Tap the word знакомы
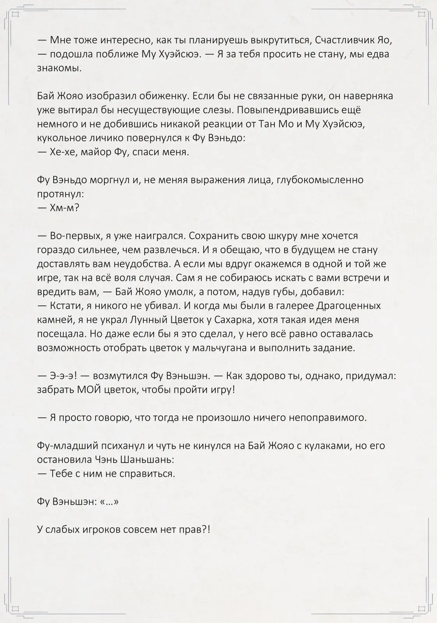(x=59, y=68)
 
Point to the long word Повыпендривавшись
(x=291, y=110)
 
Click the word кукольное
(x=62, y=138)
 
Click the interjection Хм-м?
(x=65, y=208)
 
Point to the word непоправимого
(x=328, y=417)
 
